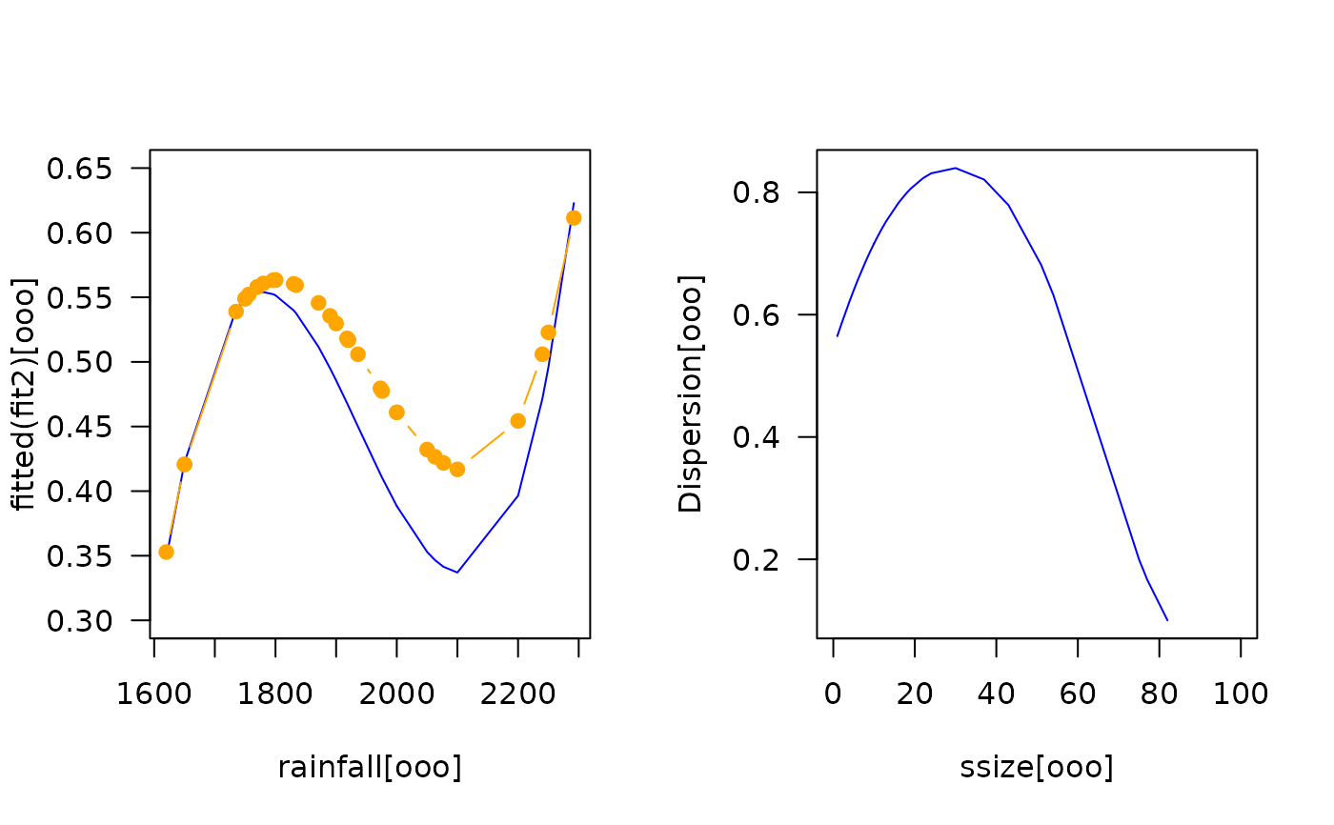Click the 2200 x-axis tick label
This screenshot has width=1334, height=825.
(x=517, y=694)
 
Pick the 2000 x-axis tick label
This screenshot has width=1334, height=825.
(x=396, y=694)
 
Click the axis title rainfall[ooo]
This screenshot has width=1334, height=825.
(x=370, y=768)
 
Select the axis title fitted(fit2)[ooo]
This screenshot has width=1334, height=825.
(x=25, y=393)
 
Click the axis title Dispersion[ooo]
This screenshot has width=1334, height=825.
(x=690, y=393)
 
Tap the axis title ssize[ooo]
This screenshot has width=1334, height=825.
(x=1037, y=768)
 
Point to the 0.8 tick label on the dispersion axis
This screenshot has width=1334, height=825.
(x=755, y=193)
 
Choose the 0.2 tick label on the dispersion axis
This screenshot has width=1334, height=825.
(x=755, y=560)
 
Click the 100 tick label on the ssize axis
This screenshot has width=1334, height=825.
(x=1241, y=694)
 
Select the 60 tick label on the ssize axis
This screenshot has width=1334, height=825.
(x=1078, y=694)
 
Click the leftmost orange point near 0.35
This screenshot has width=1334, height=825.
(x=166, y=552)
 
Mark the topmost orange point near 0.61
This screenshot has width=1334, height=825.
(x=574, y=217)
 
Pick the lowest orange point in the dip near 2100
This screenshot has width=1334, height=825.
(x=457, y=469)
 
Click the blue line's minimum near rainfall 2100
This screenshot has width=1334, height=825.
(x=457, y=573)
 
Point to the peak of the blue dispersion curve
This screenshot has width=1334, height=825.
(x=955, y=168)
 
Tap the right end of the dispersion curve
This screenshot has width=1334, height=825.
(x=1167, y=620)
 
